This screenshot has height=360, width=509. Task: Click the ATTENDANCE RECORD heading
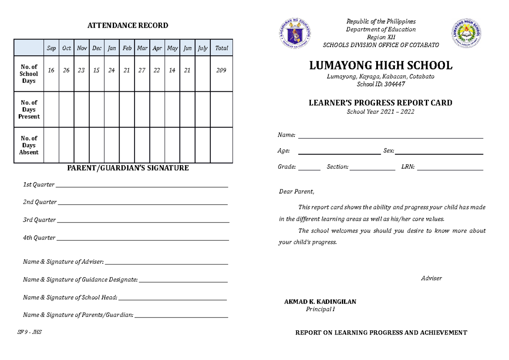(x=128, y=25)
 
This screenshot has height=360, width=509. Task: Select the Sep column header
(x=51, y=48)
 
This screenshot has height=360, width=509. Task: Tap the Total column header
(x=221, y=48)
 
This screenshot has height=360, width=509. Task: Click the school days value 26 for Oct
(x=66, y=70)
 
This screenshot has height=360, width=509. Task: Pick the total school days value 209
(x=221, y=70)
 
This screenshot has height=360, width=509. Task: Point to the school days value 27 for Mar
(x=142, y=70)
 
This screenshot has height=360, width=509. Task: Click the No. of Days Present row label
(x=29, y=110)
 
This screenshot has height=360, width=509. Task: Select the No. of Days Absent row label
(x=29, y=145)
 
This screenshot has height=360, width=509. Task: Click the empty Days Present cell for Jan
(x=112, y=110)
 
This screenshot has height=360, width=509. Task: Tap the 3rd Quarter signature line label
(x=39, y=220)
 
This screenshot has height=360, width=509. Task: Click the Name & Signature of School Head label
(x=70, y=298)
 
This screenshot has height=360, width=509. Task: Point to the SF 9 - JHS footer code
(x=29, y=332)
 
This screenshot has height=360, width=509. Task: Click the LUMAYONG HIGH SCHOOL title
(x=380, y=66)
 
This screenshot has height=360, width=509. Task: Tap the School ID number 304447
(x=394, y=84)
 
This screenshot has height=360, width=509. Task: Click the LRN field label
(x=408, y=167)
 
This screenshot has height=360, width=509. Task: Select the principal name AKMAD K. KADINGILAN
(x=320, y=302)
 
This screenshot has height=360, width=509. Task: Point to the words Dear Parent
(x=296, y=192)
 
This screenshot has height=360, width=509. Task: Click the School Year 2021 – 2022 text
(x=380, y=112)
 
